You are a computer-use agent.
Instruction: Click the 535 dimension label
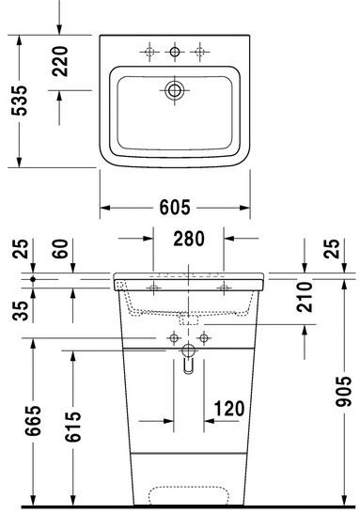[19, 101]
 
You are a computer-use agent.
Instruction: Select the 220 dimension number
[60, 61]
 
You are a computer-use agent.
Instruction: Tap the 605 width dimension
[175, 207]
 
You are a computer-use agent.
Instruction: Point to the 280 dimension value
[189, 239]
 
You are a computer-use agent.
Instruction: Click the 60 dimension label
[60, 249]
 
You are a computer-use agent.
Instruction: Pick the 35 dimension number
[21, 311]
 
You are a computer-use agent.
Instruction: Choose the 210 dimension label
[305, 297]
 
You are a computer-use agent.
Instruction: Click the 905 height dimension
[343, 392]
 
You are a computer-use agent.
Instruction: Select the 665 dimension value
[33, 421]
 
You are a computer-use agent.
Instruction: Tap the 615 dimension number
[72, 427]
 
